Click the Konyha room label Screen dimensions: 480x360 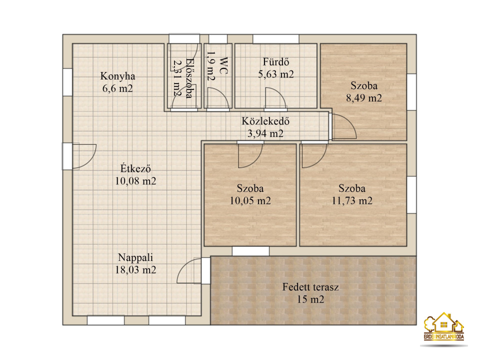117,76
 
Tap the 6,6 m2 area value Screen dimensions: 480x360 117,89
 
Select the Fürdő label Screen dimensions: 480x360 276,62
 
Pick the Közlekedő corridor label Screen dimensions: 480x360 265,121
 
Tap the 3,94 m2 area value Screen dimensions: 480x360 265,133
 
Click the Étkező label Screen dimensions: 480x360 135,168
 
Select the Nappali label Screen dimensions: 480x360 135,258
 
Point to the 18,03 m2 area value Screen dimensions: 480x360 135,270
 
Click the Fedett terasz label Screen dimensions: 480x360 310,287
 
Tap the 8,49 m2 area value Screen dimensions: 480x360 364,98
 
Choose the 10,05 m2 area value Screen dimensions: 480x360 250,201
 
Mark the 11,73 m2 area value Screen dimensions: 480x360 352,201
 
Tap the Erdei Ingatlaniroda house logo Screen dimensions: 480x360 444,326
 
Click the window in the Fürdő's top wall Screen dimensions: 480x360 276,39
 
